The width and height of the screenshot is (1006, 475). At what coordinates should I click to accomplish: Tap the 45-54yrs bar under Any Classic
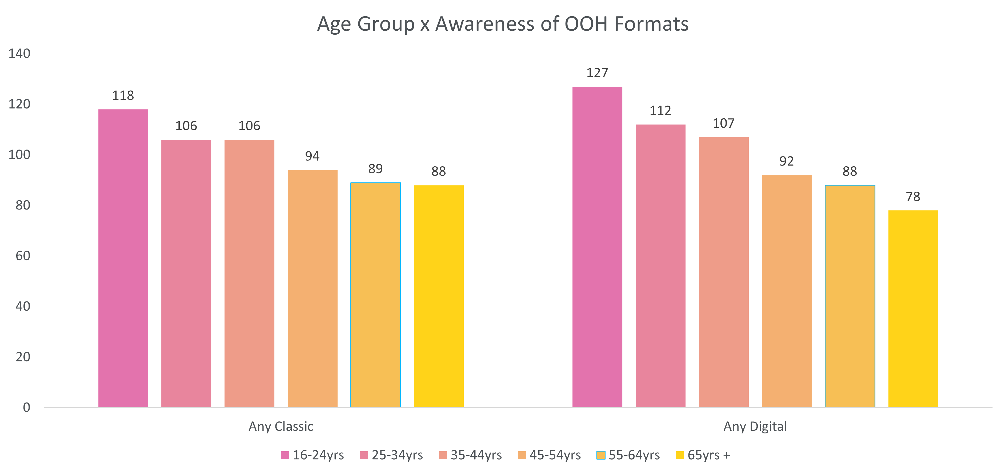coord(312,289)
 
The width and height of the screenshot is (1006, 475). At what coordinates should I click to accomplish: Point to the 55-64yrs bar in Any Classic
coord(376,295)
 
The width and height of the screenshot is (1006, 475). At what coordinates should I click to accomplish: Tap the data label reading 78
coord(913,197)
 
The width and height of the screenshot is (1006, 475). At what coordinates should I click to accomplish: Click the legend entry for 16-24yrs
coord(312,455)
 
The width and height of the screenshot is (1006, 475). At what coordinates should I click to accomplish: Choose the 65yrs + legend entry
coord(703,455)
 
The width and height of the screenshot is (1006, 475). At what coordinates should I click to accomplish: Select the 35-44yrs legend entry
coord(471,455)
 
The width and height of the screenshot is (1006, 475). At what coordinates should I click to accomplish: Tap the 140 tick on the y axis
coord(19,54)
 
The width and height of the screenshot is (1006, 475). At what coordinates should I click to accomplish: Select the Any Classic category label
coord(281,426)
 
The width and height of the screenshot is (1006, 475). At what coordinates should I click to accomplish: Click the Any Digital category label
coord(755,426)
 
